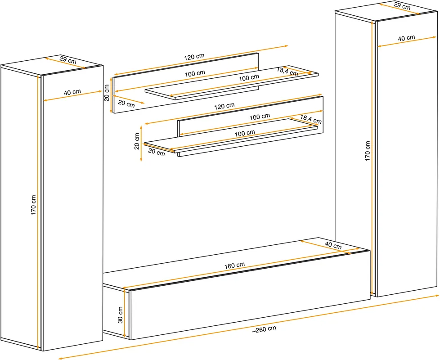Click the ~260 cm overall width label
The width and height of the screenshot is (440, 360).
point(264,329)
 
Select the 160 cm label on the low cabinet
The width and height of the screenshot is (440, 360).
point(234,265)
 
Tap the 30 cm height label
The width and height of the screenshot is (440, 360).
point(120,315)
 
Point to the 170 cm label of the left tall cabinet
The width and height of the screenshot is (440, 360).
point(33,205)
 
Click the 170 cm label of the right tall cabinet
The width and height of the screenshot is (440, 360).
point(367,151)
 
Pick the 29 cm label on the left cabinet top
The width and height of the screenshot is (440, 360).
point(68,60)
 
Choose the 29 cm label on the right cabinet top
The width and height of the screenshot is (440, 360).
point(402,5)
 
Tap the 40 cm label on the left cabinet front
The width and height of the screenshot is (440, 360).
point(72,92)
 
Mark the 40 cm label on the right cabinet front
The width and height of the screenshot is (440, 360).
point(406,38)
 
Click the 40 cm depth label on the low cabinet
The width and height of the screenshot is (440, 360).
point(333,245)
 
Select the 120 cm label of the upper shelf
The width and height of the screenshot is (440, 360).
point(194,57)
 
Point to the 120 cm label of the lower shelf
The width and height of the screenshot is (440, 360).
point(224,106)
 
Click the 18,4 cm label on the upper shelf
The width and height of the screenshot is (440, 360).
point(287,72)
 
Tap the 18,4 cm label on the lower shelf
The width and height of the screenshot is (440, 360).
point(311,119)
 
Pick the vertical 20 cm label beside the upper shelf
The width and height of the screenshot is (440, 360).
point(107,93)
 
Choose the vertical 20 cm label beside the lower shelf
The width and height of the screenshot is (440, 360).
point(137,141)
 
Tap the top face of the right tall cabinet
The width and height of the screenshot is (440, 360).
point(386,11)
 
